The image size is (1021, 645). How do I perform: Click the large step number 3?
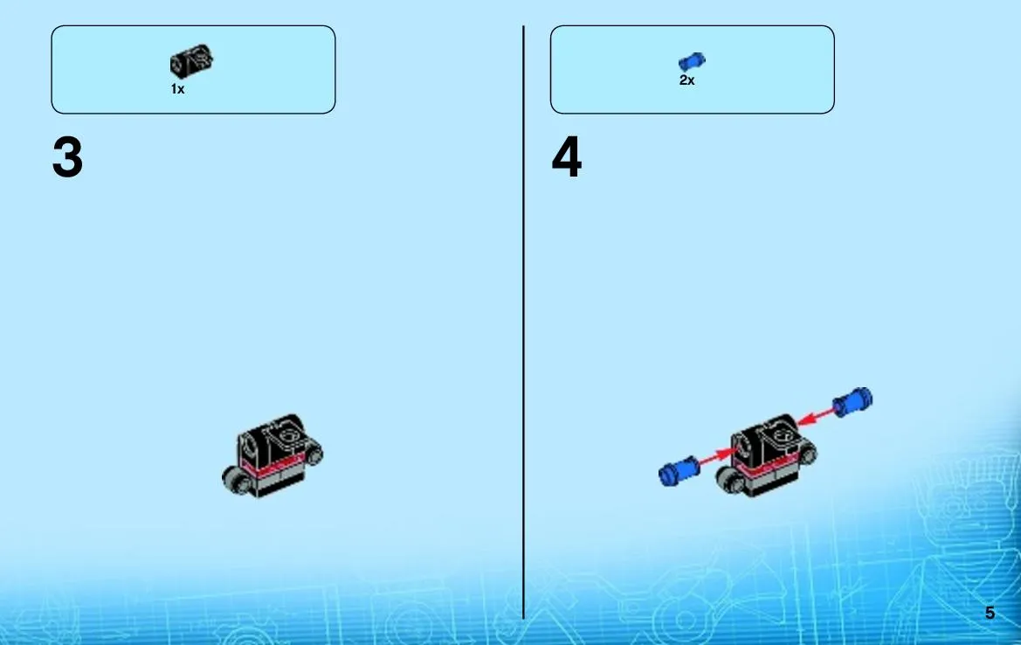[x=68, y=157]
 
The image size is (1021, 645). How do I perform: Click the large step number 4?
[x=567, y=157]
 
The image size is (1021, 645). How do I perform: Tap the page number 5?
[x=990, y=613]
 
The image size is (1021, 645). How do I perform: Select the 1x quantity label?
[x=178, y=88]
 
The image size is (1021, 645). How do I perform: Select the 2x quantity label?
[x=687, y=80]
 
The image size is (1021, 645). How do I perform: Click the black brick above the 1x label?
[x=191, y=60]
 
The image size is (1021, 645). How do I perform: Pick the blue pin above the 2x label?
[x=692, y=62]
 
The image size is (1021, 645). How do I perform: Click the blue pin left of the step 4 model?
[x=679, y=470]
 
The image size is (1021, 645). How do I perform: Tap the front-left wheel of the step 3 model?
[x=237, y=480]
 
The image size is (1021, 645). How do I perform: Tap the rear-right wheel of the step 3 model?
[x=314, y=453]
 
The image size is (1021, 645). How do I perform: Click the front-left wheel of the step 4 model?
[x=730, y=480]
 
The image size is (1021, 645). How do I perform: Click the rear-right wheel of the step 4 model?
[x=807, y=452]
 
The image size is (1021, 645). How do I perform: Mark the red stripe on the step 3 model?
[x=272, y=466]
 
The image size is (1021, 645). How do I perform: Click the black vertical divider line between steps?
[x=523, y=322]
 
